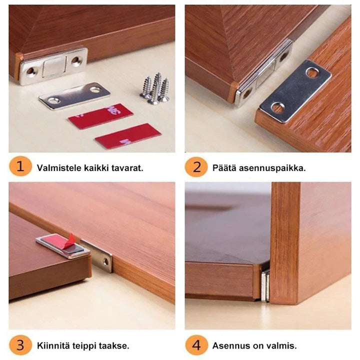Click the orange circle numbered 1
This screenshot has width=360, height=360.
20,166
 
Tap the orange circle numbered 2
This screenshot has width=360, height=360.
196,166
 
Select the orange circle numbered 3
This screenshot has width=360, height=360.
20,345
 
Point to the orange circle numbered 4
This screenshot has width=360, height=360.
196,345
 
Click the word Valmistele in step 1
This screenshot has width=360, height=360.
59,168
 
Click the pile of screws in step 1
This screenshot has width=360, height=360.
155,89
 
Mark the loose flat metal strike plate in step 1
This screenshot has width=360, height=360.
74,95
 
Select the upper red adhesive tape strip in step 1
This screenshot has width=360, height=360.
100,116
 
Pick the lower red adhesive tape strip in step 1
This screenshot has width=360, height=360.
128,136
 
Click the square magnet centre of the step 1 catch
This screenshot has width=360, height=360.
54,66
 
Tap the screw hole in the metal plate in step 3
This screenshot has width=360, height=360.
106,261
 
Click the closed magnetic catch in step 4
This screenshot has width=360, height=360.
265,285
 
